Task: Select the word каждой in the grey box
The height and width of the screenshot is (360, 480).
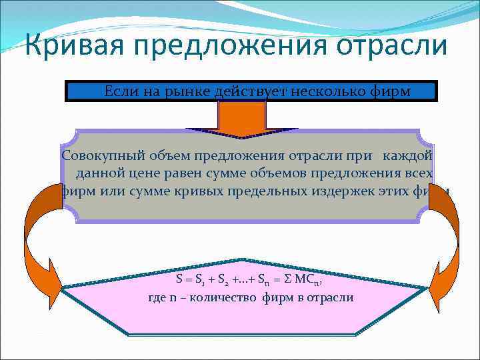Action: [x=407, y=156]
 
